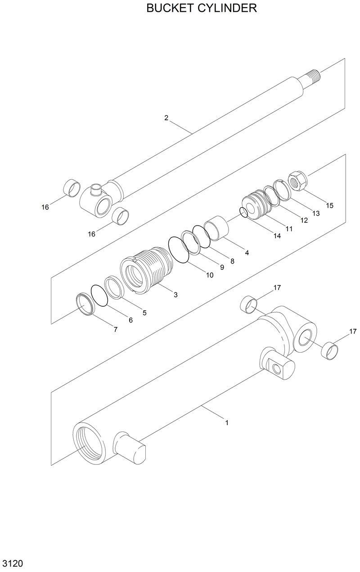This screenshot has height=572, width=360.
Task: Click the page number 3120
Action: [x=13, y=564]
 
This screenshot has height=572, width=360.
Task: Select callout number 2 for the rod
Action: [x=166, y=118]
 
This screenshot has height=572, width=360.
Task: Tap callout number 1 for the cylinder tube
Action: [x=227, y=423]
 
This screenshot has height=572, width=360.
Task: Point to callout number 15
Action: [x=330, y=205]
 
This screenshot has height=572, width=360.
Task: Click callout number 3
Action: [x=175, y=295]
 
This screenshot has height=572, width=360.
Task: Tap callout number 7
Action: [x=115, y=329]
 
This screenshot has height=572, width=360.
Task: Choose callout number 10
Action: [x=210, y=275]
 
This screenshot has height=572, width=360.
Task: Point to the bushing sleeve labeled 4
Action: [x=216, y=227]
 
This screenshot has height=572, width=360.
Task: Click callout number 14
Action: [x=277, y=236]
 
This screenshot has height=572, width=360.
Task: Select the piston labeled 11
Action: [x=255, y=203]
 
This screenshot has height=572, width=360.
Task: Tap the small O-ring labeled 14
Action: [x=243, y=212]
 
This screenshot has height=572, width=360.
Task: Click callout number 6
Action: [x=130, y=320]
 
